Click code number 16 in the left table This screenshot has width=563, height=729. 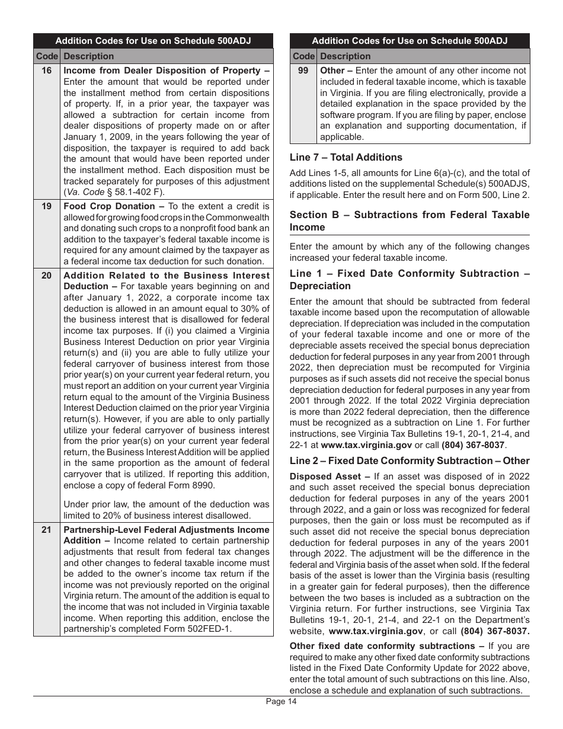[46, 71]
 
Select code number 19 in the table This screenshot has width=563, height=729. [46, 206]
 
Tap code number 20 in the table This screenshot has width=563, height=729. [46, 276]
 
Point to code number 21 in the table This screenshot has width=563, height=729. [46, 530]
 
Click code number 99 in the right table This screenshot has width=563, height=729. [303, 71]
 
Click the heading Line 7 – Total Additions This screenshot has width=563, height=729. [346, 157]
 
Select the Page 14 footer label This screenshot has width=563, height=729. [281, 702]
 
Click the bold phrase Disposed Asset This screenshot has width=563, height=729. [325, 477]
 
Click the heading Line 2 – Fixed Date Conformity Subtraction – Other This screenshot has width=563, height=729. [410, 461]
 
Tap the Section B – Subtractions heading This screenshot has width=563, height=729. [410, 220]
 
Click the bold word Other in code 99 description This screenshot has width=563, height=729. [332, 71]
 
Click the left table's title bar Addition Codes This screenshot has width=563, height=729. [153, 41]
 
